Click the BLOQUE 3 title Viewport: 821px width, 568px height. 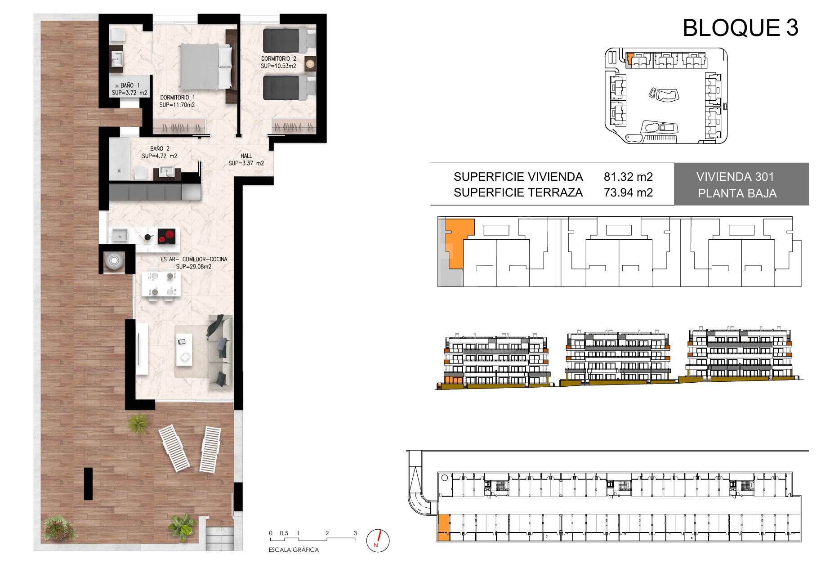tap(740, 28)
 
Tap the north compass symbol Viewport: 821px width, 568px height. tap(378, 540)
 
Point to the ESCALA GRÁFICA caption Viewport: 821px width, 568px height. tap(294, 550)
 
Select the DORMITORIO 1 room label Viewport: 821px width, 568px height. tap(178, 97)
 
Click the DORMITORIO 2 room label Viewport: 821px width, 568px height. tap(279, 58)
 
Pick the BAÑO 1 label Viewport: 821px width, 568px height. tap(130, 85)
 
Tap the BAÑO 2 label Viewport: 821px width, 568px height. tap(160, 148)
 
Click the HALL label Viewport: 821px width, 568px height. tap(246, 156)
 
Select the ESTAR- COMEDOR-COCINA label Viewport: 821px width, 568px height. tap(194, 259)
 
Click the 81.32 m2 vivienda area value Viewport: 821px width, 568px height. tap(628, 177)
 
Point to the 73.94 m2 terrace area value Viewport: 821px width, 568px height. tap(628, 192)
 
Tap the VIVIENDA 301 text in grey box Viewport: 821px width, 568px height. tap(735, 177)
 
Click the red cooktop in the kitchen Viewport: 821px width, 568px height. tap(166, 236)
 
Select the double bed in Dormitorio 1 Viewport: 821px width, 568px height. tap(207, 66)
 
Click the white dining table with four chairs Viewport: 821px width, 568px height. tap(161, 283)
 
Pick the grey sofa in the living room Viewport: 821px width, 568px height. tap(220, 351)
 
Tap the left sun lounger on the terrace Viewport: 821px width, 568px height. tap(174, 448)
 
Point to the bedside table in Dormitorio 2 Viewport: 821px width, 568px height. tap(310, 64)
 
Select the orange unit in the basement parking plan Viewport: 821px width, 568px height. tap(443, 528)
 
